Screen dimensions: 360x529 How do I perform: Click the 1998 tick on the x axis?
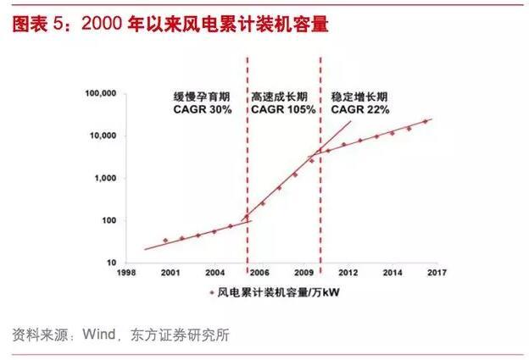tap(125, 273)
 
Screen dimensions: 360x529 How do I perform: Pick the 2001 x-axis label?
tap(170, 273)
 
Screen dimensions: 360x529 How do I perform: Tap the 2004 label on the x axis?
tap(214, 273)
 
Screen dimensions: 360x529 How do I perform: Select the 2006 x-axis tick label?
tap(259, 273)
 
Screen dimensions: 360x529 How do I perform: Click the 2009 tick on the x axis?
tap(303, 273)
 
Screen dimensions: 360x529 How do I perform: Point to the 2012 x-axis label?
tap(348, 273)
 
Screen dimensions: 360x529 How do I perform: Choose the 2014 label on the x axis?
tap(393, 273)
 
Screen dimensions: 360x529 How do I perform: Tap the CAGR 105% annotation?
tap(283, 109)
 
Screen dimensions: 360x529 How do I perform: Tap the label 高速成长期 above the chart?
tap(282, 95)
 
